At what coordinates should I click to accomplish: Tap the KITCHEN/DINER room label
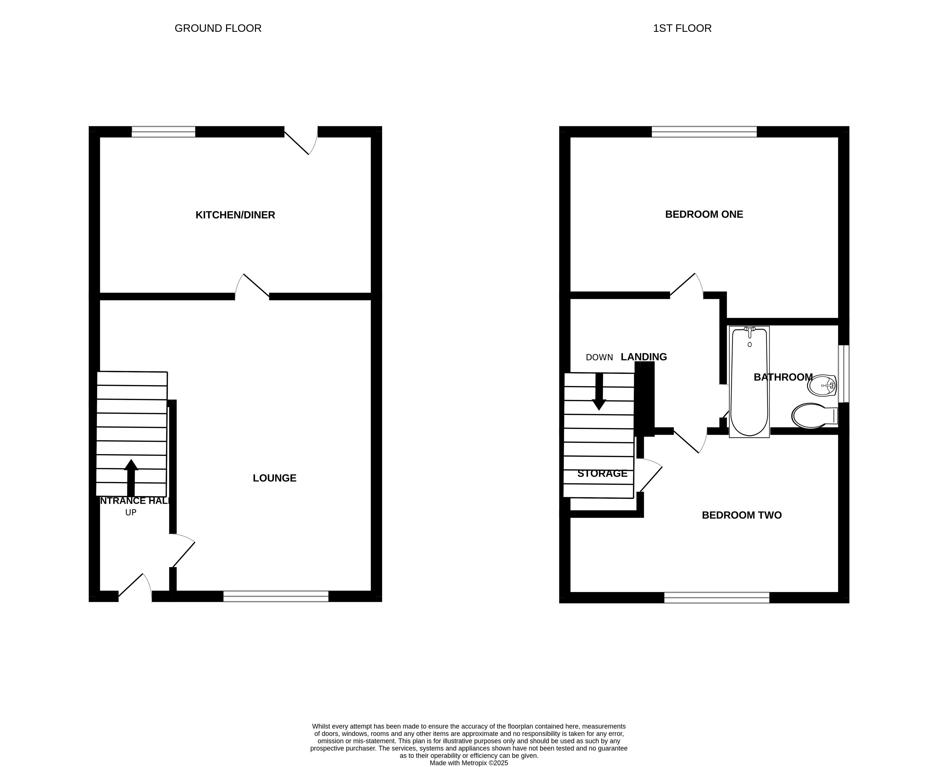[x=235, y=215]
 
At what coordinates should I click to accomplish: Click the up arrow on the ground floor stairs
[x=131, y=477]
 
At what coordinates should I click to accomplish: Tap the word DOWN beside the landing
[x=599, y=357]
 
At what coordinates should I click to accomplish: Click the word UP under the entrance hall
[x=131, y=513]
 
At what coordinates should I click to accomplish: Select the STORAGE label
[x=602, y=473]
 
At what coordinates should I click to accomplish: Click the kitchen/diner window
[x=163, y=132]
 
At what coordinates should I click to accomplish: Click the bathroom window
[x=844, y=374]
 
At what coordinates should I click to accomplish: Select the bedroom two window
[x=717, y=597]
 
